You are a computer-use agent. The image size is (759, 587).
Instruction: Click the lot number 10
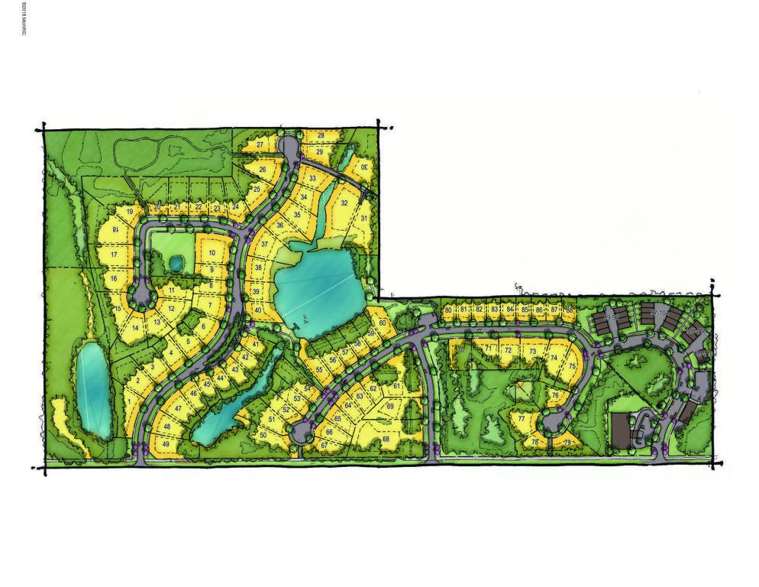[212, 253]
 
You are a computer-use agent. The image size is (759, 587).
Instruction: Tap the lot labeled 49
[166, 444]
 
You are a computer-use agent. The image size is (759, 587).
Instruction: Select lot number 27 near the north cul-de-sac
[260, 144]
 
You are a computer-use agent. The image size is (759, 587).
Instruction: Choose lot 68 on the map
[386, 439]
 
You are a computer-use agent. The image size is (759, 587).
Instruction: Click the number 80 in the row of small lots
[448, 310]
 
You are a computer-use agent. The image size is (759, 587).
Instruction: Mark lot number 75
[573, 366]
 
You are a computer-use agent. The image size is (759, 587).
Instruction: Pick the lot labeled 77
[522, 419]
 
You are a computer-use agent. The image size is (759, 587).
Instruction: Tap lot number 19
[131, 212]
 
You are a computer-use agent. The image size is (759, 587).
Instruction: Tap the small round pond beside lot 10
[176, 263]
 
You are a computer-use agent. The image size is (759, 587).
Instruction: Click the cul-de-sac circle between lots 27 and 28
[289, 144]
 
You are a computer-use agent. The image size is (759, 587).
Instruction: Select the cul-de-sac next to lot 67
[301, 433]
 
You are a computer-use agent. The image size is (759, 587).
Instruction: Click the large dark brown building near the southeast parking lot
[621, 432]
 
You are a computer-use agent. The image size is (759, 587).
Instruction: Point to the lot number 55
[319, 370]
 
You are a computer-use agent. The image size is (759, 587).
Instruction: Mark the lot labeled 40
[258, 310]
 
